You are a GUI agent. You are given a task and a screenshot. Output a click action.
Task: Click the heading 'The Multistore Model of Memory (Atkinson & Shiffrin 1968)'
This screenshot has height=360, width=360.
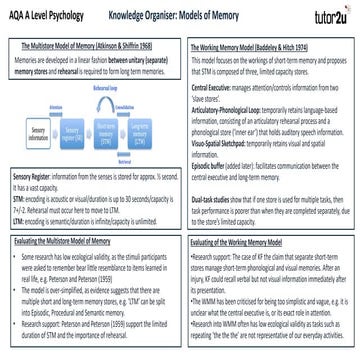[x=89, y=47]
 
